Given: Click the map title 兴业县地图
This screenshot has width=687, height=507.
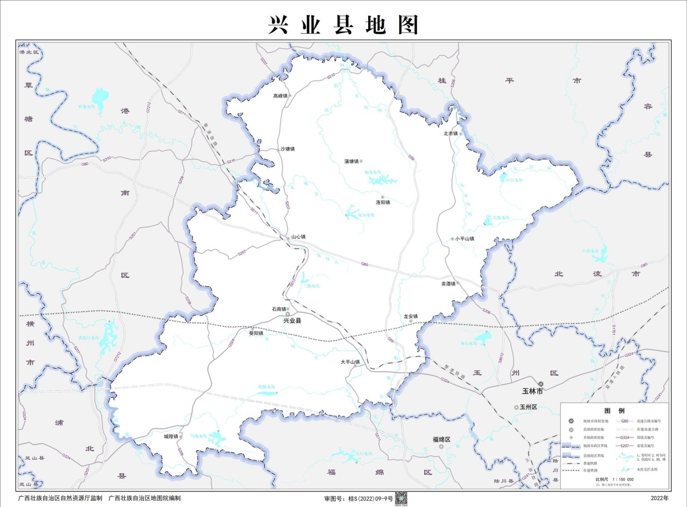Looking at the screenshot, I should coord(343,25).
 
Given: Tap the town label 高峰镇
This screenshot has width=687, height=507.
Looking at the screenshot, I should coord(280,96).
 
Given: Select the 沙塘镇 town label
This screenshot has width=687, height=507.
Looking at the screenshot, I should coord(288,149).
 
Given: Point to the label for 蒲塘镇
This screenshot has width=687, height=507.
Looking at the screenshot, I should coord(351,162).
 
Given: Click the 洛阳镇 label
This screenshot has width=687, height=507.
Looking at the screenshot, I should coord(383,202).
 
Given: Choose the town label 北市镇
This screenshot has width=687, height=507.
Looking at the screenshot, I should coord(450,134).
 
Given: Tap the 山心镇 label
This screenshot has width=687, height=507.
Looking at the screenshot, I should coord(298,237).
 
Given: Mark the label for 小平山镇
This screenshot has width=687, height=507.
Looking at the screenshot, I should coord(464,239).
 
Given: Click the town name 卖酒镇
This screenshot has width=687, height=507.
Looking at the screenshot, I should coord(449,284).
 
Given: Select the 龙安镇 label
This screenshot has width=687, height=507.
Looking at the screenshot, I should coord(411,316).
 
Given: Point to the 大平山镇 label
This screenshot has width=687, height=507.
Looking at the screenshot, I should coord(350,362).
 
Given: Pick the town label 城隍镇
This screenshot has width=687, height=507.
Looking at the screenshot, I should coord(171,436).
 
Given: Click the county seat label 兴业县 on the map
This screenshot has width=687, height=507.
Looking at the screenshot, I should coord(292,321).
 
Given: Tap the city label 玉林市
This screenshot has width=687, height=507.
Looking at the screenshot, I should coord(532,391).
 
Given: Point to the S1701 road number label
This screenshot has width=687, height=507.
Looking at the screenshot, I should coord(613,330).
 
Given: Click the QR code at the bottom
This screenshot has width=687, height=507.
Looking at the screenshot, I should coord(401,499).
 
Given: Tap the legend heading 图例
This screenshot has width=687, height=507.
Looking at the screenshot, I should coord(614,411).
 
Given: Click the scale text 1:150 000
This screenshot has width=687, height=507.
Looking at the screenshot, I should coord(623,479).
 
